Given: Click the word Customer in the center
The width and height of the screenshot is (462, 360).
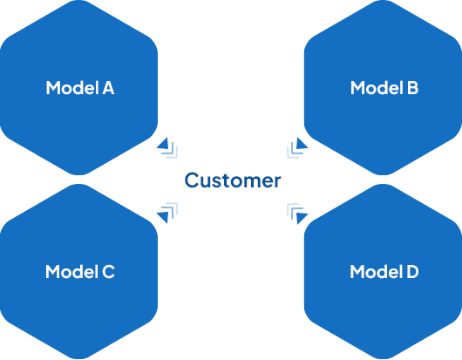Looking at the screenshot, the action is tap(233, 180).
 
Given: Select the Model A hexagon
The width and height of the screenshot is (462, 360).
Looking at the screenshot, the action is tap(78, 87).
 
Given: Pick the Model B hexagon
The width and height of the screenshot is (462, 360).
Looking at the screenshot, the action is tap(383, 87).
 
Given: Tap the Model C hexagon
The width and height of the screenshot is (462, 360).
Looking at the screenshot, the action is tap(78, 271).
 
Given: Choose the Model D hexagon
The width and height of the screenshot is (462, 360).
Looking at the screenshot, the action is tap(383, 271).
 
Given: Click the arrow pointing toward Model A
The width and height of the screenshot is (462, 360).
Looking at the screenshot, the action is tap(167, 147).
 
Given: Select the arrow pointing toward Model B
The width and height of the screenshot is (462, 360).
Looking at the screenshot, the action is tap(297, 147).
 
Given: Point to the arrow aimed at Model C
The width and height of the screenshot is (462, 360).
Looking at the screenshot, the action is tap(167, 214).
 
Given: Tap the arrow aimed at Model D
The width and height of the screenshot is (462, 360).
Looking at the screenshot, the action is tap(297, 214).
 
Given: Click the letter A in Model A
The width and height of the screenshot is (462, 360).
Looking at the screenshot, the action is tap(108, 88).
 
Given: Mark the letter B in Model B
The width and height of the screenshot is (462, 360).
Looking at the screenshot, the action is tap(412, 88).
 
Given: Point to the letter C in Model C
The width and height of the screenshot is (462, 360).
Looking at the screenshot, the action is tap(108, 272).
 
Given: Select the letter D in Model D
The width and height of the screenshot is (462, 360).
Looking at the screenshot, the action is tap(413, 272).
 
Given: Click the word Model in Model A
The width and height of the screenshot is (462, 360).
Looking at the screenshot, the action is tap(72, 87).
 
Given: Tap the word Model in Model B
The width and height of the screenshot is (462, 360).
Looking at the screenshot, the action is tap(377, 87).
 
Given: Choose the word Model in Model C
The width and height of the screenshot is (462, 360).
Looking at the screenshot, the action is tap(71, 271).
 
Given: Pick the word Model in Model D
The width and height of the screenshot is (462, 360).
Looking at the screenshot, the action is tap(377, 271).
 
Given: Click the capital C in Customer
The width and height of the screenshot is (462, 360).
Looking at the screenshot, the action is tap(191, 180).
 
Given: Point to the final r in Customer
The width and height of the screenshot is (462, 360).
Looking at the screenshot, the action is tap(277, 182).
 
